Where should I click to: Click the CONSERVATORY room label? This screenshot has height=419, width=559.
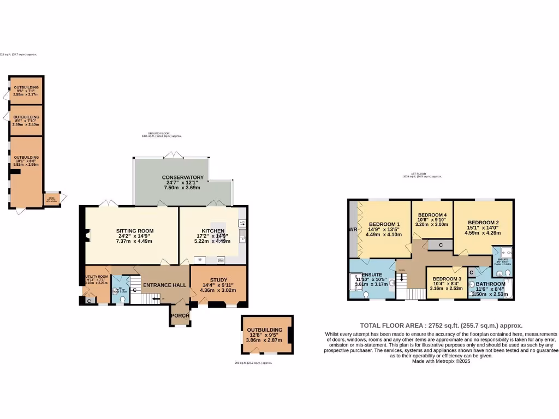click(x=182, y=177)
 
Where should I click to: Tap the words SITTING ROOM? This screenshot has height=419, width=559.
click(x=133, y=231)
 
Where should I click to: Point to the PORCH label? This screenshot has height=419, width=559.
click(x=180, y=315)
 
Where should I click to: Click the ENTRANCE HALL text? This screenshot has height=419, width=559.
click(x=164, y=285)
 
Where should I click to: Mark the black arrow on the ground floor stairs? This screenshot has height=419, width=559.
click(x=157, y=298)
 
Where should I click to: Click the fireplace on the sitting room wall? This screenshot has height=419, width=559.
click(x=88, y=235)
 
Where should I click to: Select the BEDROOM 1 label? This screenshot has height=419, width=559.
click(x=384, y=224)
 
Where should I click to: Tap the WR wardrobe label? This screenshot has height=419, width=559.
click(x=353, y=230)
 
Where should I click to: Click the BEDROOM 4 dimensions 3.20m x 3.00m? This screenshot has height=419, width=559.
click(x=431, y=224)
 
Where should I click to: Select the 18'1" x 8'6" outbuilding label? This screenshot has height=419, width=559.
click(x=26, y=157)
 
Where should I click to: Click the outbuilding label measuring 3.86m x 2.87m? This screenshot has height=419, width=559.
click(x=264, y=330)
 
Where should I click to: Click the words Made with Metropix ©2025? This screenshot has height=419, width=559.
click(x=441, y=361)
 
